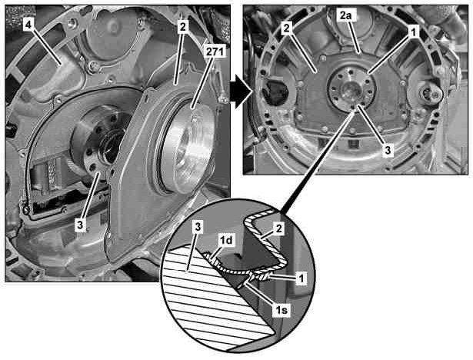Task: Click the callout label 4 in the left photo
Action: [28, 25]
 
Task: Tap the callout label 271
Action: [215, 52]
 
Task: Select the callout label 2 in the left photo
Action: [182, 27]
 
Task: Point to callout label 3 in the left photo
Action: [80, 225]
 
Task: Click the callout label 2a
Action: [345, 15]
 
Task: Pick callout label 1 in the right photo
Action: [414, 32]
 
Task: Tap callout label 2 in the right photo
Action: [286, 28]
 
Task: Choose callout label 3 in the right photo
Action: [388, 150]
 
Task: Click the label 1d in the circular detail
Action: [226, 242]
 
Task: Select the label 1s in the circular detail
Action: [281, 310]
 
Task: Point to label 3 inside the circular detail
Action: [198, 228]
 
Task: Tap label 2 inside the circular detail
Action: [278, 228]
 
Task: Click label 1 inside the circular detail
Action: [301, 278]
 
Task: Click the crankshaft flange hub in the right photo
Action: [351, 90]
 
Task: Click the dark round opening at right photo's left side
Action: [275, 92]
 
